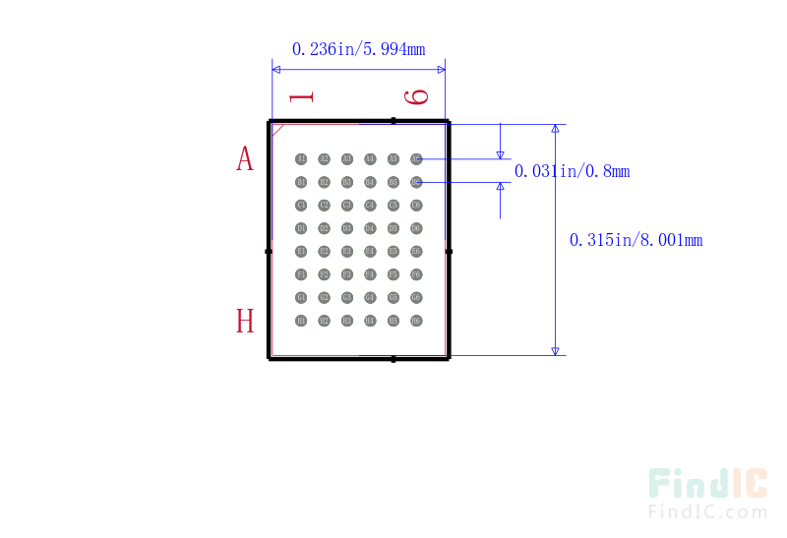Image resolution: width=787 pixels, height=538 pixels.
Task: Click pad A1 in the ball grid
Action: click(x=301, y=158)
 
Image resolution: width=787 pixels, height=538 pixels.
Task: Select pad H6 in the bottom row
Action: click(x=416, y=321)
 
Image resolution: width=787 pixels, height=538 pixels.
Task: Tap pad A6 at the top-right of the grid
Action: click(x=416, y=158)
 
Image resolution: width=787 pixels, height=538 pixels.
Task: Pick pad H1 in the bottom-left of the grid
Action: click(x=301, y=321)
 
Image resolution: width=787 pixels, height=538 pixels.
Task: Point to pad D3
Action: click(x=347, y=228)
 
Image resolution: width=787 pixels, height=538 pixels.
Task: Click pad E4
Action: click(x=370, y=251)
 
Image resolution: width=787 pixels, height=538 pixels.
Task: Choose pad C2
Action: click(x=324, y=205)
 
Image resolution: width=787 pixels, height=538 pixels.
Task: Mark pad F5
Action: click(x=393, y=274)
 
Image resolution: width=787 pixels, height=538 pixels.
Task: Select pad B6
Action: click(x=416, y=182)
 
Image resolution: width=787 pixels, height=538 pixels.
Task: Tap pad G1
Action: click(x=301, y=297)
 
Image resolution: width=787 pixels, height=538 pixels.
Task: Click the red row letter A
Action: click(x=245, y=158)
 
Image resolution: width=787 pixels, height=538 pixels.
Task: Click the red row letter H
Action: click(x=245, y=321)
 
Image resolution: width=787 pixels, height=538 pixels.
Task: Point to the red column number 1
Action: click(x=302, y=96)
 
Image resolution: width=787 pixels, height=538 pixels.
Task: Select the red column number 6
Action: click(x=417, y=96)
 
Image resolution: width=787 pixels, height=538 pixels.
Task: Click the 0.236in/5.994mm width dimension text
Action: click(x=358, y=48)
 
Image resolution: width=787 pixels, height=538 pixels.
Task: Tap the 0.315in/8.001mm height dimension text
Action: click(x=636, y=239)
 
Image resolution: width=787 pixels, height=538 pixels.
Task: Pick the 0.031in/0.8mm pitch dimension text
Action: click(x=572, y=171)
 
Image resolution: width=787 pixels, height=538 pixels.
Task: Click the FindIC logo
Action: click(x=707, y=483)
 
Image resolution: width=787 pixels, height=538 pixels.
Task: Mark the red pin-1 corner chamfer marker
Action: click(x=277, y=128)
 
